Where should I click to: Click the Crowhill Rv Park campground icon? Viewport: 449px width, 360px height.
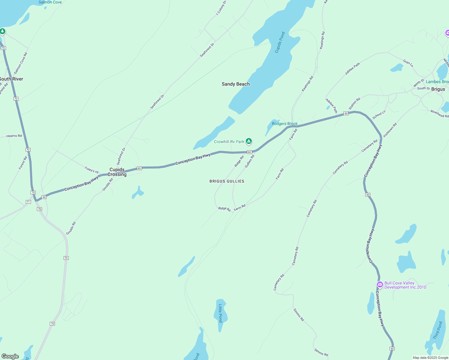(249, 141)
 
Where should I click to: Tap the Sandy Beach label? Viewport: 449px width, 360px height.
(236, 84)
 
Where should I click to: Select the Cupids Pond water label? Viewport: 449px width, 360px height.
(280, 43)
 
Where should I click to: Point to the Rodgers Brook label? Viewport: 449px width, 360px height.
(285, 124)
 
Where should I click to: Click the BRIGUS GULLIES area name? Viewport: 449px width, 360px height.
(227, 181)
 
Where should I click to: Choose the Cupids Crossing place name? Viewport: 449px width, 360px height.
(117, 172)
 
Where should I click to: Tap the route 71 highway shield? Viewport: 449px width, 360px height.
(28, 202)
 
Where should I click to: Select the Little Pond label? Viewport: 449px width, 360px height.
(220, 313)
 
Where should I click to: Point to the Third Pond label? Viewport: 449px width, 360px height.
(438, 330)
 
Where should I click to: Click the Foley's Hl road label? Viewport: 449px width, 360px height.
(92, 170)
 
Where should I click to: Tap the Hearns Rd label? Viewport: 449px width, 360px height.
(14, 136)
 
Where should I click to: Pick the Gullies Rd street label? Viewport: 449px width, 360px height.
(249, 161)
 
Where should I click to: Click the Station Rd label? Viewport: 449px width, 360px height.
(354, 104)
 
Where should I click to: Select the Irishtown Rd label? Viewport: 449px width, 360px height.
(390, 130)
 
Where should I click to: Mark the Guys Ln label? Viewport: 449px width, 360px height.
(408, 63)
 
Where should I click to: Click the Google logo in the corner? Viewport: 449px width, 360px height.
(10, 356)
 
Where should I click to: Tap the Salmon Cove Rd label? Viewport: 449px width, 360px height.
(20, 63)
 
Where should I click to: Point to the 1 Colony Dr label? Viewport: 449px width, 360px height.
(221, 8)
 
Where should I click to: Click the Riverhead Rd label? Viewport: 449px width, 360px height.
(439, 114)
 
